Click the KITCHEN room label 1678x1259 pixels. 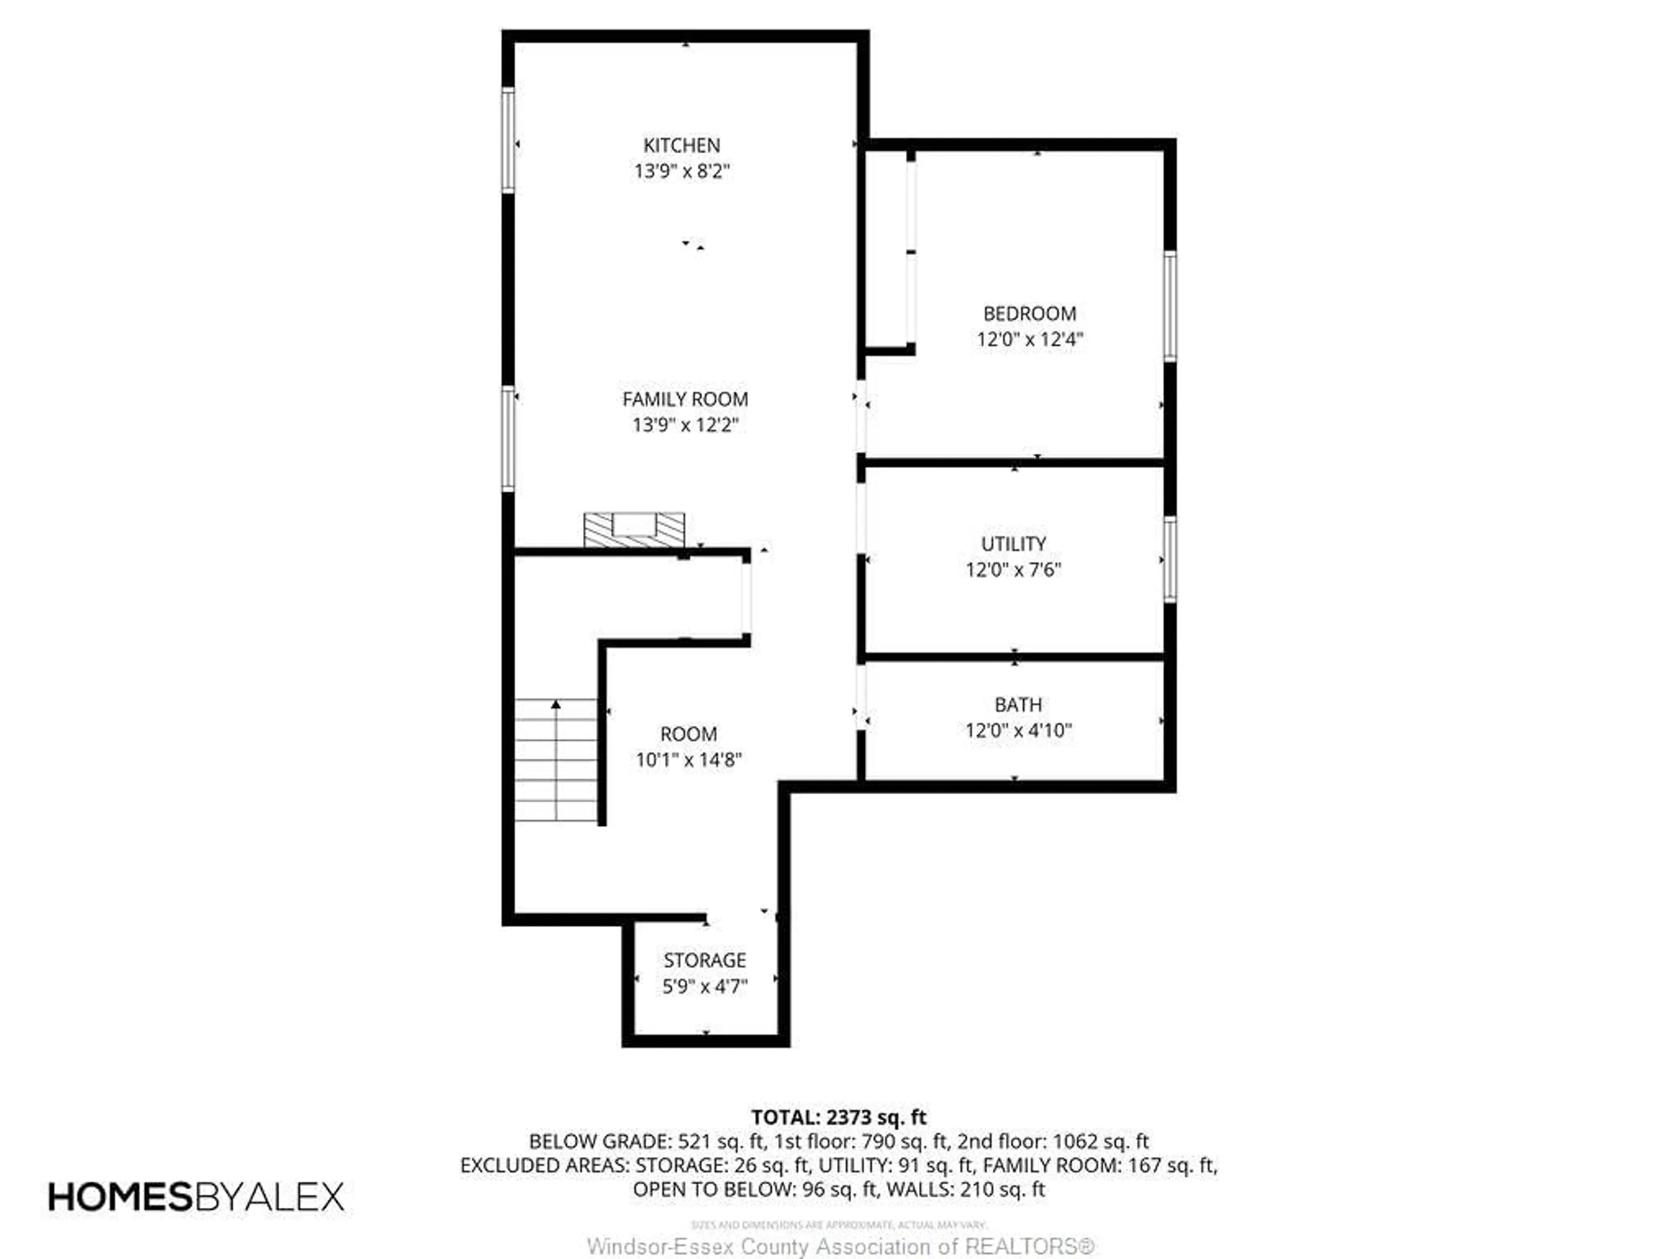pyautogui.click(x=681, y=145)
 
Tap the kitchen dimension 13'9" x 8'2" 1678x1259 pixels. pyautogui.click(x=681, y=171)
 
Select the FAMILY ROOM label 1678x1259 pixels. pyautogui.click(x=685, y=399)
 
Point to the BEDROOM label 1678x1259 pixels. pyautogui.click(x=1030, y=313)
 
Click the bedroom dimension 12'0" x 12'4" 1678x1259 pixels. pyautogui.click(x=1030, y=339)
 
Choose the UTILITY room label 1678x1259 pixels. pyautogui.click(x=1013, y=544)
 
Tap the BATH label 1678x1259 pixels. pyautogui.click(x=1018, y=705)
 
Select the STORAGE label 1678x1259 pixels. pyautogui.click(x=705, y=960)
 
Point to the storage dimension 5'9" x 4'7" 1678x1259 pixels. pyautogui.click(x=705, y=987)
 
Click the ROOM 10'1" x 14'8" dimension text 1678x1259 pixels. pyautogui.click(x=688, y=760)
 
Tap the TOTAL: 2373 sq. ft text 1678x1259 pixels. pyautogui.click(x=838, y=1117)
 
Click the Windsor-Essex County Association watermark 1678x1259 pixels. pyautogui.click(x=840, y=1247)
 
